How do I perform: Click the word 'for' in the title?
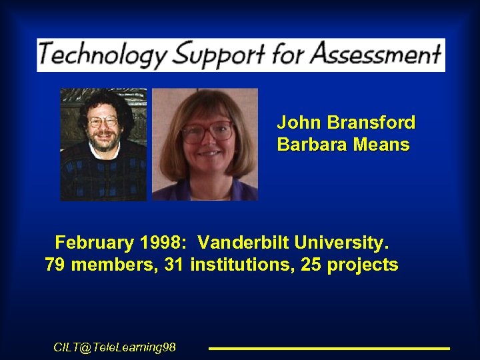[288, 53]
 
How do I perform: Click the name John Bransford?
[346, 123]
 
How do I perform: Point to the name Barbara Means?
[343, 145]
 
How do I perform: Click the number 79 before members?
[55, 265]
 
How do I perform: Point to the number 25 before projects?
[311, 265]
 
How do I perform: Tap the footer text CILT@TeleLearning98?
[115, 347]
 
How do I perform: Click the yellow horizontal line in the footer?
[329, 348]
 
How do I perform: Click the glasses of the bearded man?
[103, 122]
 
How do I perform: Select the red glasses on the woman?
[207, 131]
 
